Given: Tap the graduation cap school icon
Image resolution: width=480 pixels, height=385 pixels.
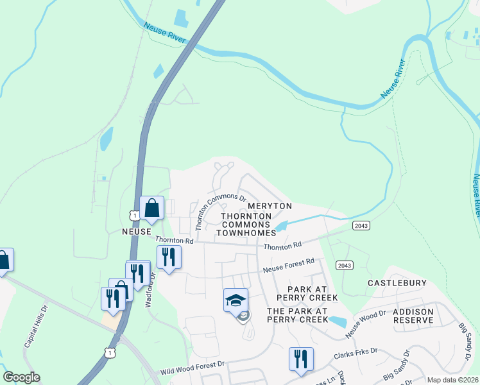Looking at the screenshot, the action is [236, 300].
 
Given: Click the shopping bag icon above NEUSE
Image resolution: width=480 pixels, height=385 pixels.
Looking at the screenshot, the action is [152, 208].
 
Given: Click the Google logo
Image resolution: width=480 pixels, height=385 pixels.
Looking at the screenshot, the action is [21, 378].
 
